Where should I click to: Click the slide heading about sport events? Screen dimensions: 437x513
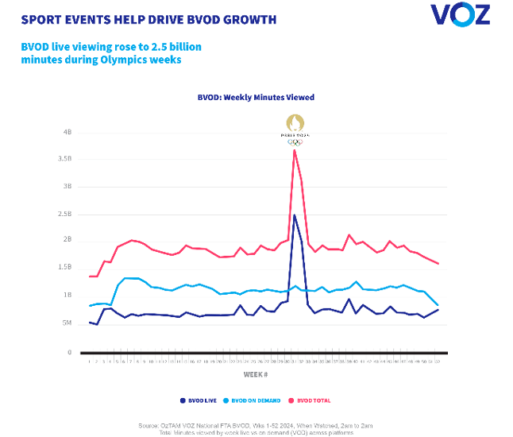click(x=148, y=18)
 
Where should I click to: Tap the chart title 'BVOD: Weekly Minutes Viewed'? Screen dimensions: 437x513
click(x=256, y=98)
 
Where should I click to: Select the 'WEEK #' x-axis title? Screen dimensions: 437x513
click(x=256, y=373)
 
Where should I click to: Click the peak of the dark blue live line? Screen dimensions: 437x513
click(x=295, y=215)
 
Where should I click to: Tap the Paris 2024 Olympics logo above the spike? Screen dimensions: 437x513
click(x=295, y=129)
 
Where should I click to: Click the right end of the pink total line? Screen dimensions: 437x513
click(x=438, y=264)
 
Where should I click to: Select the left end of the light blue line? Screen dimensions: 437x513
click(x=90, y=306)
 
